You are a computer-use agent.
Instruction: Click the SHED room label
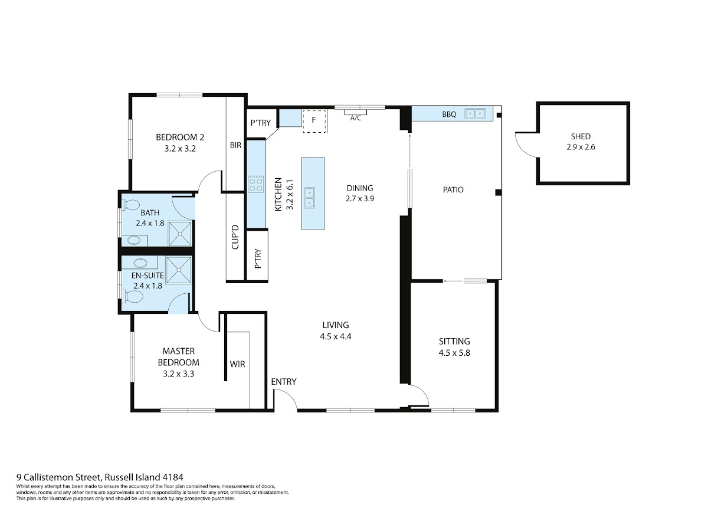tap(581, 136)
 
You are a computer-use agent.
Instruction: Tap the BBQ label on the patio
tap(449, 114)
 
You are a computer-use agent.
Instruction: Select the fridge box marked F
tap(314, 120)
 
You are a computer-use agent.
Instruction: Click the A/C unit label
tap(355, 118)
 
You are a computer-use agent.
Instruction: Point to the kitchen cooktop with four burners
tap(256, 184)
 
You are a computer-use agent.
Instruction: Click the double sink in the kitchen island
tap(309, 198)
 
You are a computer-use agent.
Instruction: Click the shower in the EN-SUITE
tap(179, 270)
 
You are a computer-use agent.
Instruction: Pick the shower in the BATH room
tap(181, 233)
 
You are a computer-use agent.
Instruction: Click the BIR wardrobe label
tap(235, 145)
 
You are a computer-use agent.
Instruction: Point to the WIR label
tap(237, 364)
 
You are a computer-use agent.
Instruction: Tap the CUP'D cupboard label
tap(235, 237)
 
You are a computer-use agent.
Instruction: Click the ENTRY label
tap(284, 382)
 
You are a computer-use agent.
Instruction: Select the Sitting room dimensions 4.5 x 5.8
tap(454, 353)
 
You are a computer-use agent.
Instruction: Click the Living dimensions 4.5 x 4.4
tap(336, 336)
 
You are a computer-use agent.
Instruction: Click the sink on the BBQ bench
tap(475, 113)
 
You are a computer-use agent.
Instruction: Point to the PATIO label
tap(453, 190)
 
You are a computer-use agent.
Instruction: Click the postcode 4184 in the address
tap(173, 477)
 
